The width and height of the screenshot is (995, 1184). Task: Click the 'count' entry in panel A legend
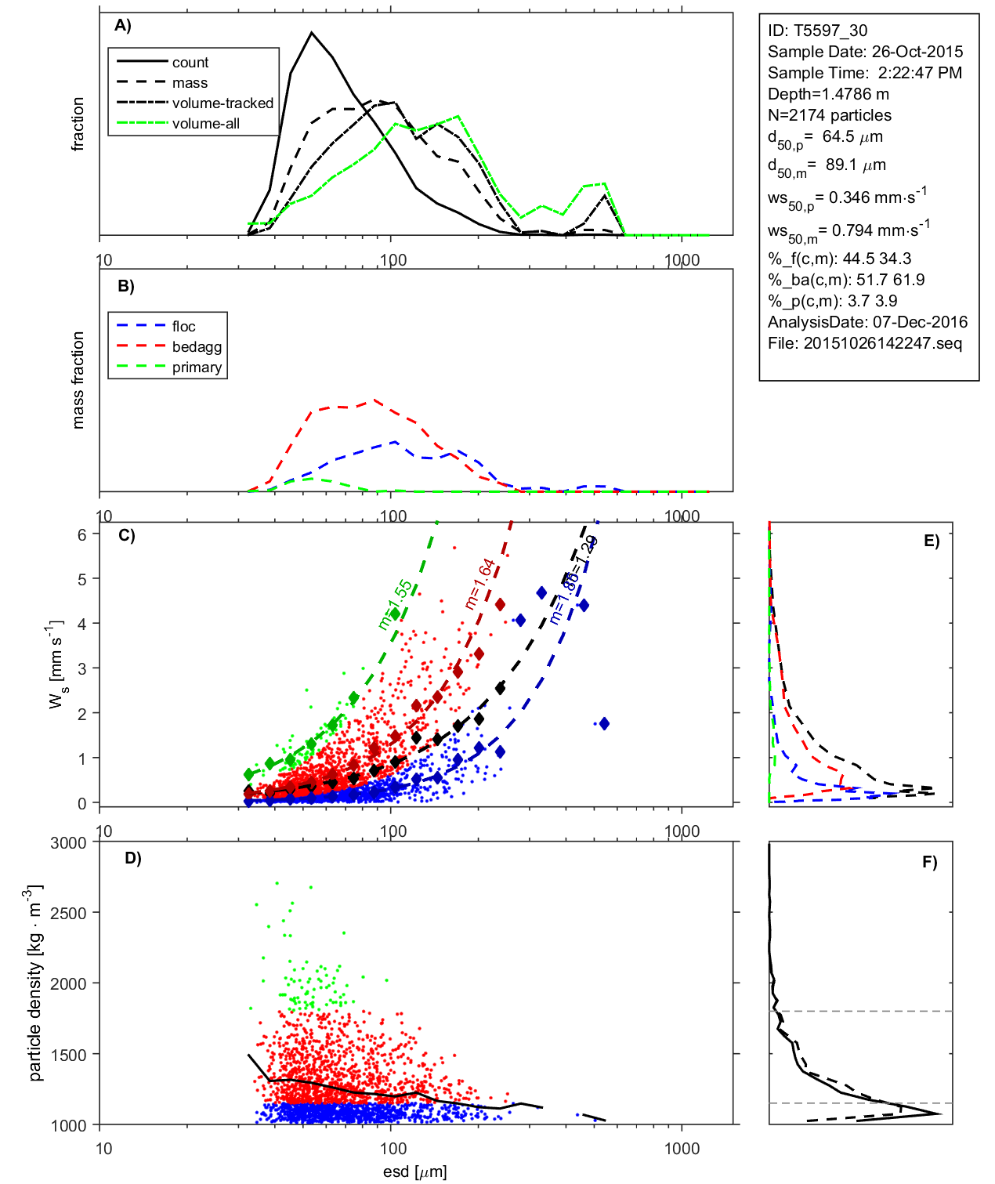pos(190,63)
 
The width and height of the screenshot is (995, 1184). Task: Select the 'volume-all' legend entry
pos(206,124)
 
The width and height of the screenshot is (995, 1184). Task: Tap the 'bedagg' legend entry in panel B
pos(197,347)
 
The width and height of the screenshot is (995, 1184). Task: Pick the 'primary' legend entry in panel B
pos(197,368)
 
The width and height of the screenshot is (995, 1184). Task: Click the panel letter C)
pos(127,536)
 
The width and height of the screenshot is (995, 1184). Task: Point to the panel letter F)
pos(930,863)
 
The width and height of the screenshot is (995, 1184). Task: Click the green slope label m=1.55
pos(395,604)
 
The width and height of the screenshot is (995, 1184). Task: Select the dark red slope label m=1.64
pos(479,584)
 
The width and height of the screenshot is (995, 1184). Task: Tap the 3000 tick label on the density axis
pos(68,843)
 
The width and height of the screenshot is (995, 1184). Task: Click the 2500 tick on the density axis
pos(68,914)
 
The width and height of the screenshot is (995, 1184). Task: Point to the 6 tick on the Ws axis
pos(81,534)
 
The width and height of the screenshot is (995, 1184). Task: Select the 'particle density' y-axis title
pos(35,983)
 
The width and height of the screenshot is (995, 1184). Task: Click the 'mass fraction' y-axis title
pos(78,380)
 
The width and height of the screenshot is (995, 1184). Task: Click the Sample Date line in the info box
pos(865,52)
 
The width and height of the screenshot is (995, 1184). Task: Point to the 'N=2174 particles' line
pos(830,115)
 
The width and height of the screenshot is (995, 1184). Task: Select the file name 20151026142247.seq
pos(883,343)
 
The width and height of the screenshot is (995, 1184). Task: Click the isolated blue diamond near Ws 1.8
pos(603,724)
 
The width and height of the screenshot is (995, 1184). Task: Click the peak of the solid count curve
pos(312,33)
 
